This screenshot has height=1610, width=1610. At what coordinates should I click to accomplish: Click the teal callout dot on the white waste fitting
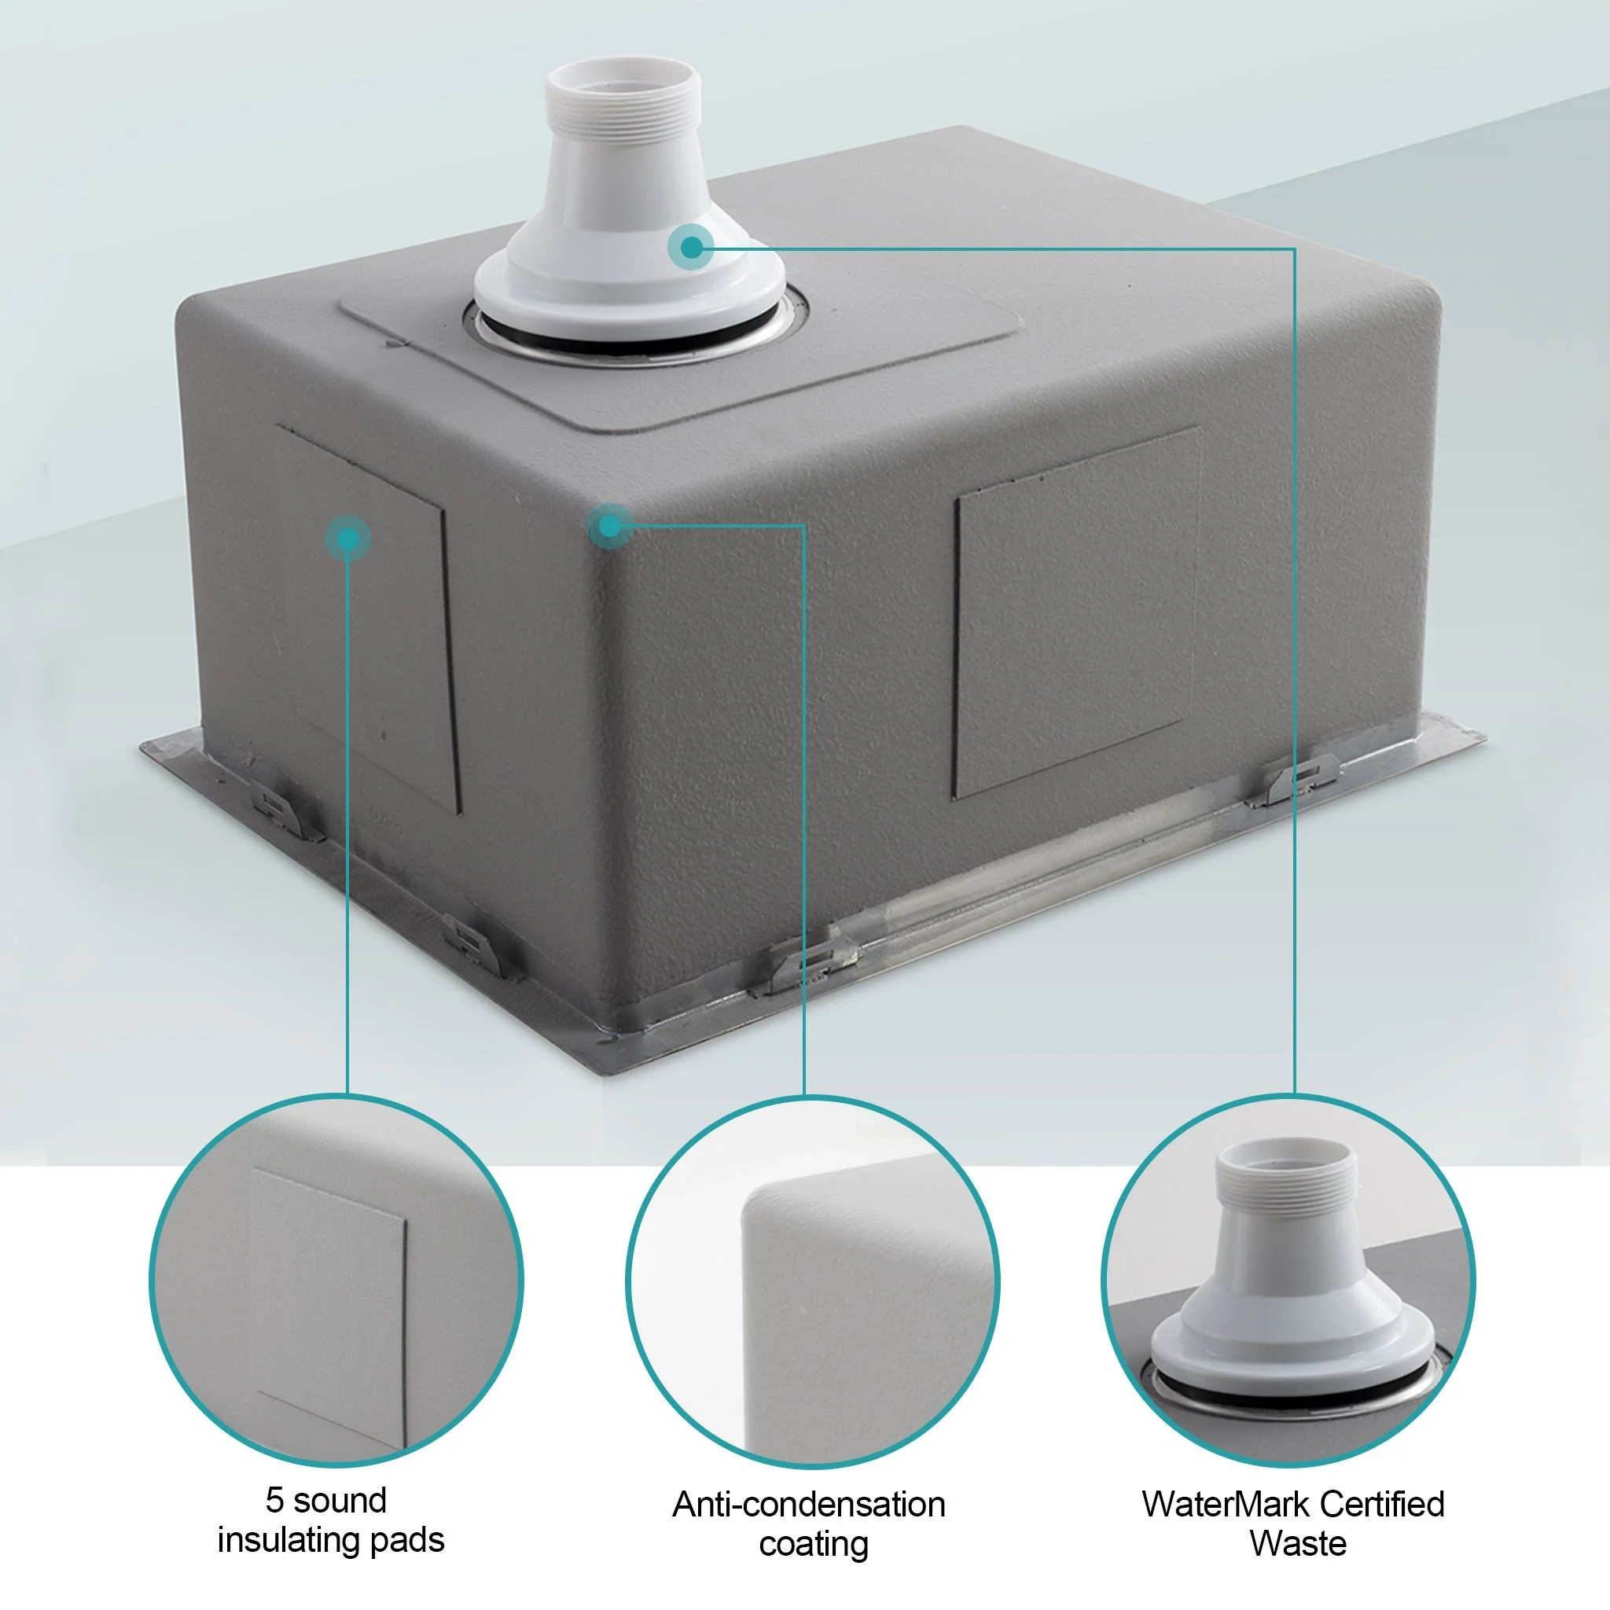tap(691, 247)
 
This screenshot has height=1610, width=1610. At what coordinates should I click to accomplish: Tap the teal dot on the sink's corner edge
tap(610, 526)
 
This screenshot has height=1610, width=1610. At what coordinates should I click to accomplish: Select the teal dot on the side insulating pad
tap(348, 539)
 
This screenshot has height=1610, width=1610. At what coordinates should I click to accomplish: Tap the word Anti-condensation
tap(808, 1505)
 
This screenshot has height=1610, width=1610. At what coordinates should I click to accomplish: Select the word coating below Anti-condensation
tap(814, 1544)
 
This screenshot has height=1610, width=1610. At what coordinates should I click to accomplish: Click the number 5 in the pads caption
tap(275, 1501)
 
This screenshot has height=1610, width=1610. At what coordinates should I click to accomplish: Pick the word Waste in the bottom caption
tap(1297, 1544)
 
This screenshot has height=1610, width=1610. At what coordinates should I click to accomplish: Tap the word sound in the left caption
tap(340, 1501)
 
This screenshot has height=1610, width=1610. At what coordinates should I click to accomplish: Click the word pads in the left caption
tap(406, 1540)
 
